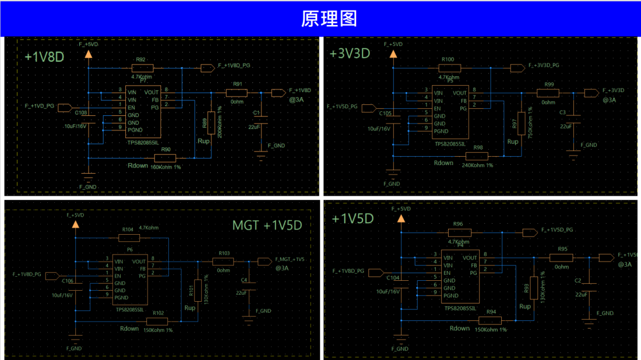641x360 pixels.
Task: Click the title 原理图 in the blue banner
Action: tap(320, 19)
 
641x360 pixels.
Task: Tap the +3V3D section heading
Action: tap(350, 54)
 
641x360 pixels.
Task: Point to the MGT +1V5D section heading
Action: tap(267, 225)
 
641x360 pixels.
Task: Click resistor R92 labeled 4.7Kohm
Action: tap(143, 68)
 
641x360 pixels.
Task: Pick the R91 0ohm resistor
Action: tap(237, 93)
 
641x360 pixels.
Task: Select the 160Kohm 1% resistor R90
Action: tap(165, 158)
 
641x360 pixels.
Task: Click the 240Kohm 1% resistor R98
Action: tap(478, 156)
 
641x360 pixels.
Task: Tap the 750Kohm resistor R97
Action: tap(521, 123)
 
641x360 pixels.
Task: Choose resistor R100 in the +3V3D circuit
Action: tap(449, 68)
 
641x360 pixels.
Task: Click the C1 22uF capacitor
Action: tap(261, 121)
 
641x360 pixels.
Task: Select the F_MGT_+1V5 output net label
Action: tap(290, 260)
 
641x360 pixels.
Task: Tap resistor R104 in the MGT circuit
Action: tap(129, 237)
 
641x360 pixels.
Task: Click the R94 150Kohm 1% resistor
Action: tap(490, 320)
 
